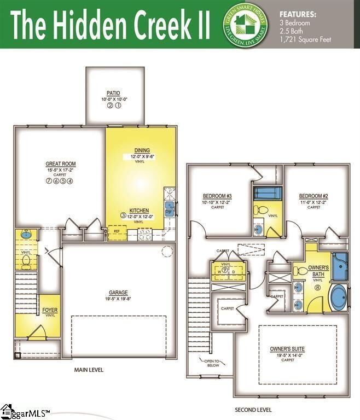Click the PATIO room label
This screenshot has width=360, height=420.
(x=114, y=93)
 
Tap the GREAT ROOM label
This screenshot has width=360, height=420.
(x=61, y=164)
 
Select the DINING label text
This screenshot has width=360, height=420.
(x=142, y=151)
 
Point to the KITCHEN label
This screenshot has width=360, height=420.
(x=140, y=211)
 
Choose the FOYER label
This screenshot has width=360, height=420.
(x=50, y=311)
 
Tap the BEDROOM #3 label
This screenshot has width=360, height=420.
(x=218, y=196)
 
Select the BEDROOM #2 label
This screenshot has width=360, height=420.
(x=313, y=196)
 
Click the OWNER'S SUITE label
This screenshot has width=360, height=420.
(x=287, y=349)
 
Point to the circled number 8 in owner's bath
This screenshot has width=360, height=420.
(x=317, y=287)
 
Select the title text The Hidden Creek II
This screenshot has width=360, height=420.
(x=109, y=24)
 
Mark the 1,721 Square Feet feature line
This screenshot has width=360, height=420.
(x=305, y=39)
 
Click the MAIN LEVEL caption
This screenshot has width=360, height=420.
(x=89, y=370)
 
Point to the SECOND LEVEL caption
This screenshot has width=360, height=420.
(x=253, y=410)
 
